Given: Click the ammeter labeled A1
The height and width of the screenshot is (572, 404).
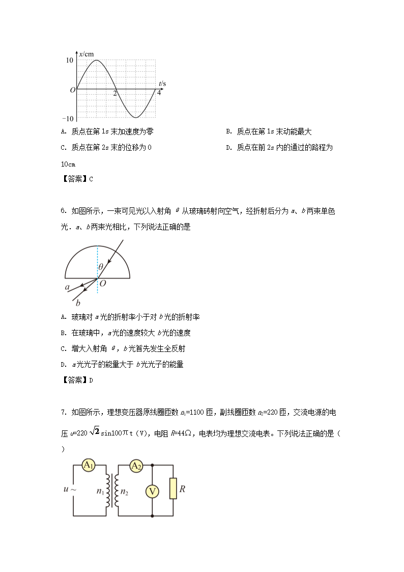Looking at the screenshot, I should point(89,465).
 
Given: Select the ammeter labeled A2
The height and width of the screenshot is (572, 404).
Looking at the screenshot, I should point(136,466).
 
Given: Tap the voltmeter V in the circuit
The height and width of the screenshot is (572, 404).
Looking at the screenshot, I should point(152,491).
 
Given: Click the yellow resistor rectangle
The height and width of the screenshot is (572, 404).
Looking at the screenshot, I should point(173,488).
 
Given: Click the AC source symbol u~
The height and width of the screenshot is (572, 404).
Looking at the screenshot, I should point(70,489).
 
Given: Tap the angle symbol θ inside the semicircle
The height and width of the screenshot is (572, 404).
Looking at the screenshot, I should point(101,266).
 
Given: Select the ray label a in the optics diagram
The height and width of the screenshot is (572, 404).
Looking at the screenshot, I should point(67,288).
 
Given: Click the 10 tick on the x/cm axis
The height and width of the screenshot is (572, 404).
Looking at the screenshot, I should point(70,60).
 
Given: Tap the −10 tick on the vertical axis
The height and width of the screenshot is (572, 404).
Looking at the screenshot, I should point(68,119).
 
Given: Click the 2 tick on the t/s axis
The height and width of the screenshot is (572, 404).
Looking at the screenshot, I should point(115,94).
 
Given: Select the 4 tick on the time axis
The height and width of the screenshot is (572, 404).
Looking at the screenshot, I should point(159,94).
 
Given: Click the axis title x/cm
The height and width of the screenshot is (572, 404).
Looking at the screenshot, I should point(86,53).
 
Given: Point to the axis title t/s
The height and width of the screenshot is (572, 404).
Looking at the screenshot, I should point(162,83).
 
